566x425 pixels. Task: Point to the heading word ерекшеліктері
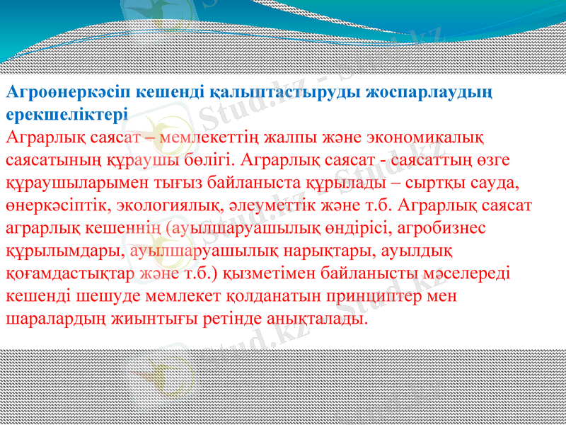67,114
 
